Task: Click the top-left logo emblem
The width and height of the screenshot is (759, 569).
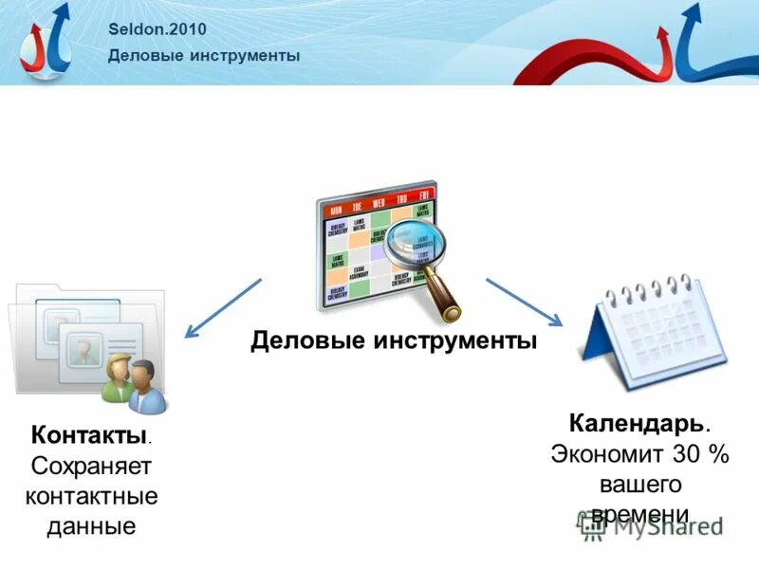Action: [46, 42]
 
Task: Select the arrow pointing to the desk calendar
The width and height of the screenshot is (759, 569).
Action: [525, 303]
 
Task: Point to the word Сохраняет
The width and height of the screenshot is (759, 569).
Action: [91, 466]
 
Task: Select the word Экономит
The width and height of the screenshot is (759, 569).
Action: [608, 453]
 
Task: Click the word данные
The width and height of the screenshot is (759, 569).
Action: [91, 525]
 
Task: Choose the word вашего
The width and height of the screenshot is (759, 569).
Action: [639, 484]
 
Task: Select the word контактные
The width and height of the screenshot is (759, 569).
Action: [91, 495]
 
